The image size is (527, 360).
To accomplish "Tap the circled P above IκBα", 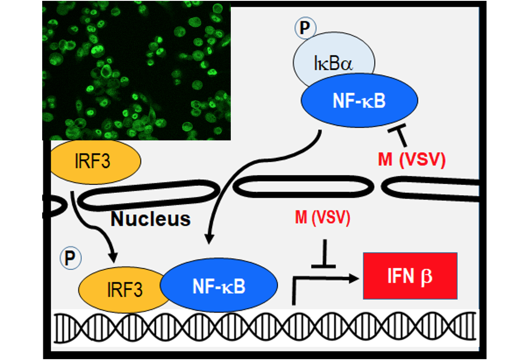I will pyautogui.click(x=305, y=28).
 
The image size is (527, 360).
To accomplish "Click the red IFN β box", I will pyautogui.click(x=410, y=276).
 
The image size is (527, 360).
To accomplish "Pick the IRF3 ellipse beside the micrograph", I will pyautogui.click(x=96, y=161).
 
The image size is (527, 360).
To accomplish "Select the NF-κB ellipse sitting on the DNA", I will pyautogui.click(x=219, y=285).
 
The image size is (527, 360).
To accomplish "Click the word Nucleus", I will pyautogui.click(x=150, y=219).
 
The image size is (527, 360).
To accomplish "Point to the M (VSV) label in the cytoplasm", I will pyautogui.click(x=411, y=160).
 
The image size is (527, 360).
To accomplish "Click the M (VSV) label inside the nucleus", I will pyautogui.click(x=322, y=218).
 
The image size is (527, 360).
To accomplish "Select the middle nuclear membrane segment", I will pyautogui.click(x=304, y=186).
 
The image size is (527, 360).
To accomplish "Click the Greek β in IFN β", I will pyautogui.click(x=426, y=276).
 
